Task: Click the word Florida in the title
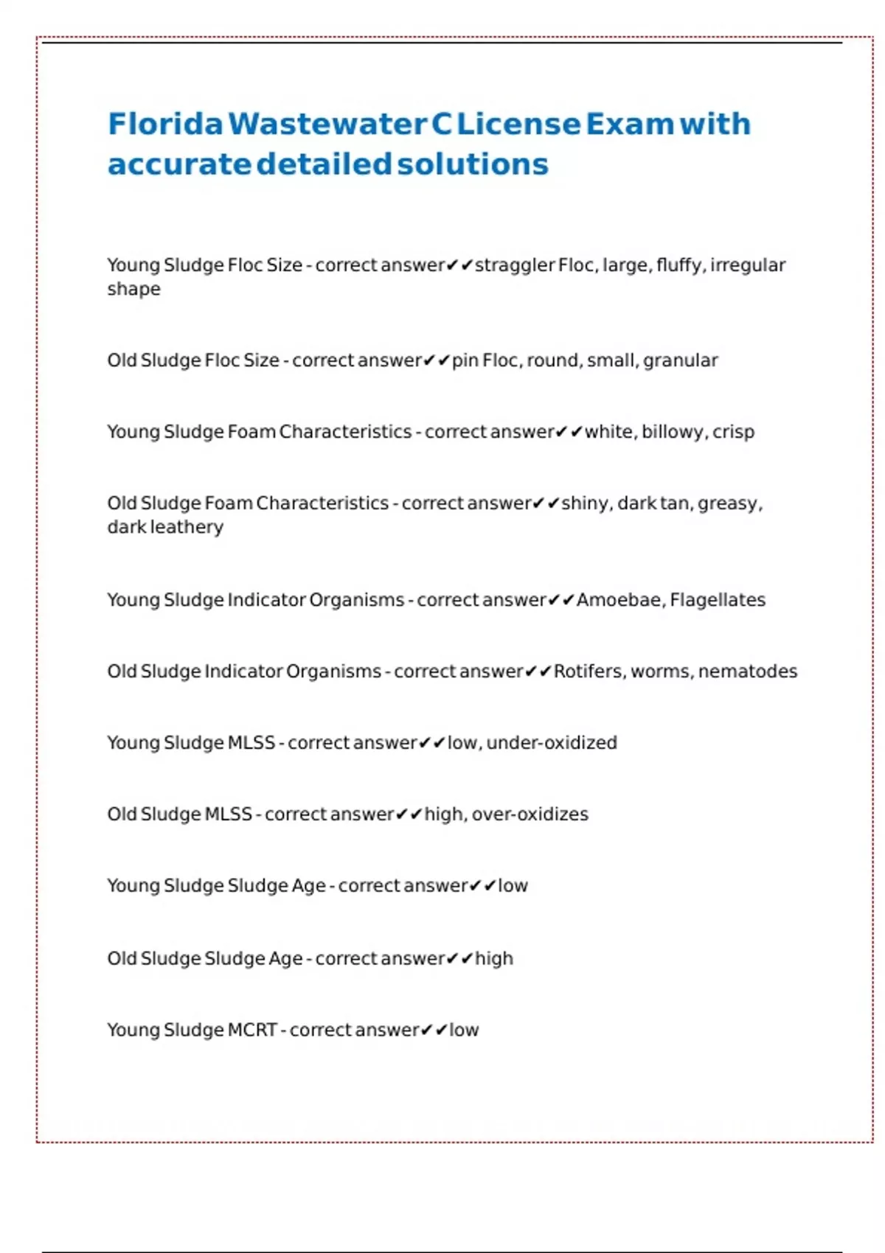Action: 165,124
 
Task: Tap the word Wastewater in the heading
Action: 327,124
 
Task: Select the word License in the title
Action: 518,124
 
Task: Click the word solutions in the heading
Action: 473,164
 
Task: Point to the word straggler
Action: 514,265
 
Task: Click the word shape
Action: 133,289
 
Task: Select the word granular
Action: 680,360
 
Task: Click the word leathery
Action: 186,527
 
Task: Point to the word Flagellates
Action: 718,600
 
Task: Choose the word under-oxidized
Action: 552,743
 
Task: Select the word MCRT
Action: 252,1030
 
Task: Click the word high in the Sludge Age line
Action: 493,959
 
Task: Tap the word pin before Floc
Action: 465,361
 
